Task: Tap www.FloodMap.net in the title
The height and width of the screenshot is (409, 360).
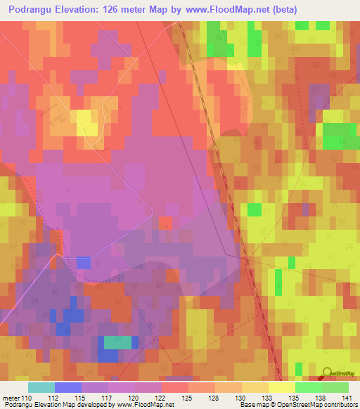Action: [x=231, y=9]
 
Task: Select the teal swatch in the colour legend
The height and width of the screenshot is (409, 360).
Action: [x=41, y=387]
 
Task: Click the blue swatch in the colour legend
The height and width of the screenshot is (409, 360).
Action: [x=68, y=387]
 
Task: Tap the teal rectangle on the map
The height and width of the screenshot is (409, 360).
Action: [x=117, y=342]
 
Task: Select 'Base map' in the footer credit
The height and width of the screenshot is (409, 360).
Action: [x=255, y=405]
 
